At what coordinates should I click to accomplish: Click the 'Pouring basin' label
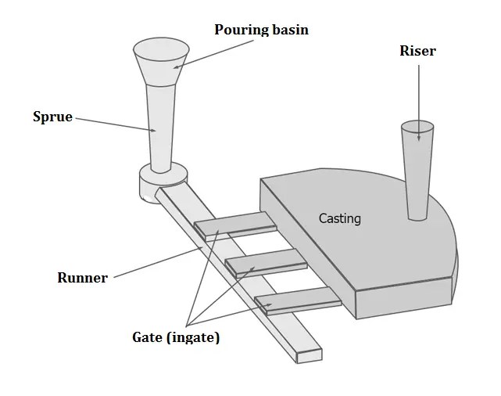(x=262, y=30)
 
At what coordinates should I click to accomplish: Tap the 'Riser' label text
(x=417, y=51)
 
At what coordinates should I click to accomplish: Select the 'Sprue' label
(x=52, y=117)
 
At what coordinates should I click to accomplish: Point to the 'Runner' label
(x=82, y=278)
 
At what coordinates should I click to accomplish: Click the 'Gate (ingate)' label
(x=176, y=338)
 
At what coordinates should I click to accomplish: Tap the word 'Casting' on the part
(x=340, y=218)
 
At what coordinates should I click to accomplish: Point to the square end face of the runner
(x=310, y=355)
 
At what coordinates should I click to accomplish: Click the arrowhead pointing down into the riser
(x=419, y=138)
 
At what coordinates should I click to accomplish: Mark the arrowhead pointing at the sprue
(x=153, y=131)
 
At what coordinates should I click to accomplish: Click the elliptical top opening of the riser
(x=417, y=126)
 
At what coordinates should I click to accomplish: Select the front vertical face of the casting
(x=403, y=300)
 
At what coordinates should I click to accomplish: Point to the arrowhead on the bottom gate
(x=269, y=304)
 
